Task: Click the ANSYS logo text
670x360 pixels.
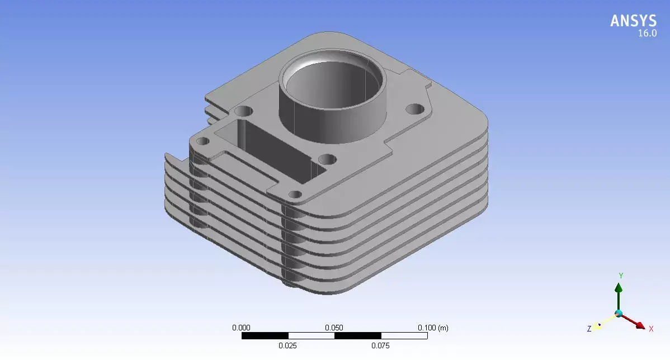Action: [x=633, y=21]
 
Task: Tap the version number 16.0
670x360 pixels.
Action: [x=647, y=34]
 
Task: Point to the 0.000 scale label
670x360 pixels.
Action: [x=241, y=328]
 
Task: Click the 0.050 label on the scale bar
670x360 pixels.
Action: [x=334, y=328]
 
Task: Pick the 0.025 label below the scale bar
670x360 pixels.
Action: [x=287, y=346]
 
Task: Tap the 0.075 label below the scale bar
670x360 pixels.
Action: [x=380, y=346]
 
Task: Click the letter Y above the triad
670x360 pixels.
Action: [x=621, y=276]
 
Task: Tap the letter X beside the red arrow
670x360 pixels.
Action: [x=651, y=329]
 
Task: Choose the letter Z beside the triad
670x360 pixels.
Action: [x=589, y=329]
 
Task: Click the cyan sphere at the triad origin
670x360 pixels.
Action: [x=619, y=314]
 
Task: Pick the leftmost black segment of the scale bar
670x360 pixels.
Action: [x=265, y=336]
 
